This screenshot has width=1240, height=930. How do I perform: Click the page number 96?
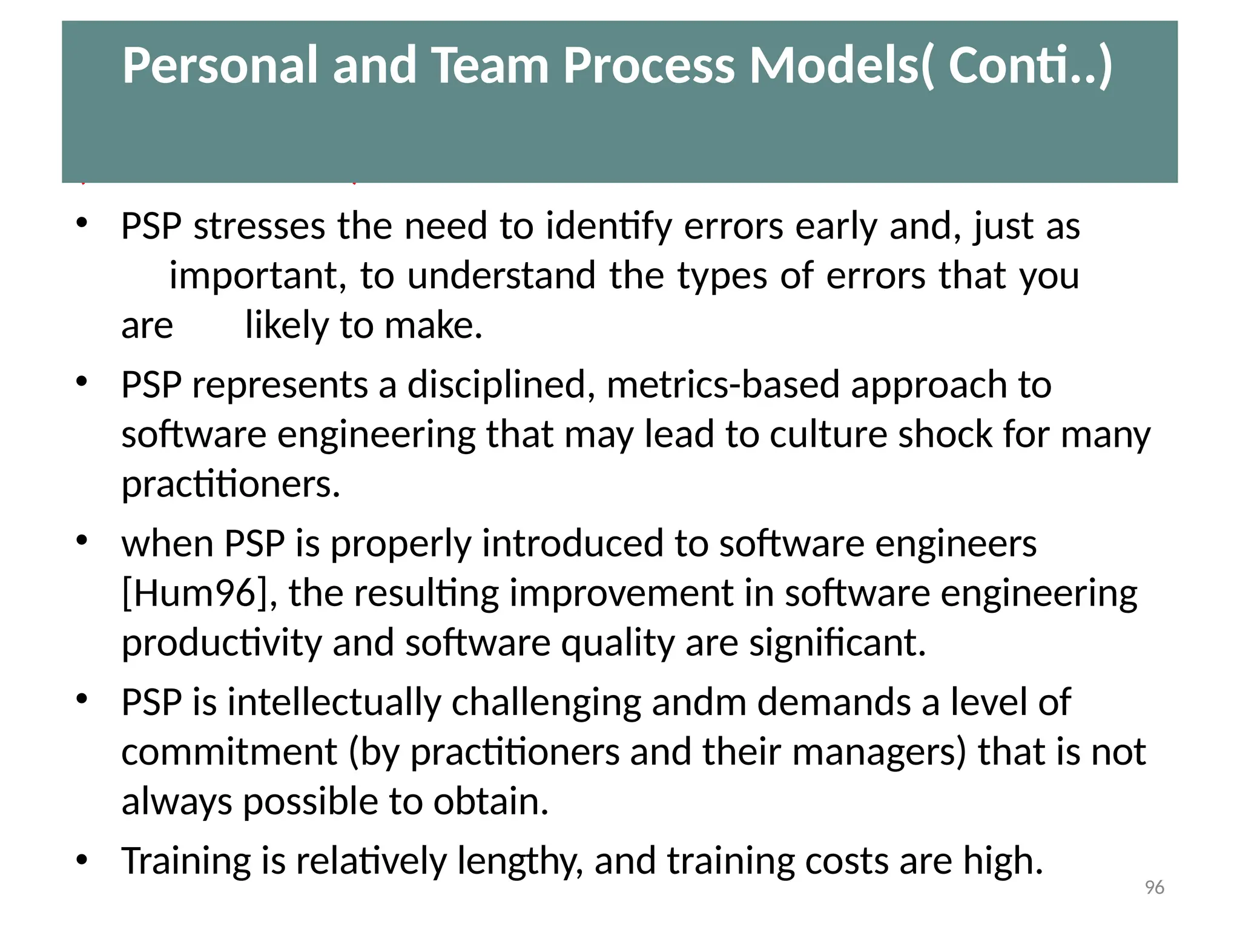tap(1154, 888)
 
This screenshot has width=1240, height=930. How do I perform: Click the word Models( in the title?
tap(842, 65)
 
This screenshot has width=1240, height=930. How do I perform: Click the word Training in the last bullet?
tap(186, 862)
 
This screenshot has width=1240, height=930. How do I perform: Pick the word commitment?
tap(229, 752)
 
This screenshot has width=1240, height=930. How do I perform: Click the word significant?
tap(837, 643)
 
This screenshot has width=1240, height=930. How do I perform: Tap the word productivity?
tap(222, 643)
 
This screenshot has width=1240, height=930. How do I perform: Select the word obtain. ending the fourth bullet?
tap(490, 802)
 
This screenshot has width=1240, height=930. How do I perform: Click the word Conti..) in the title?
tap(1030, 65)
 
